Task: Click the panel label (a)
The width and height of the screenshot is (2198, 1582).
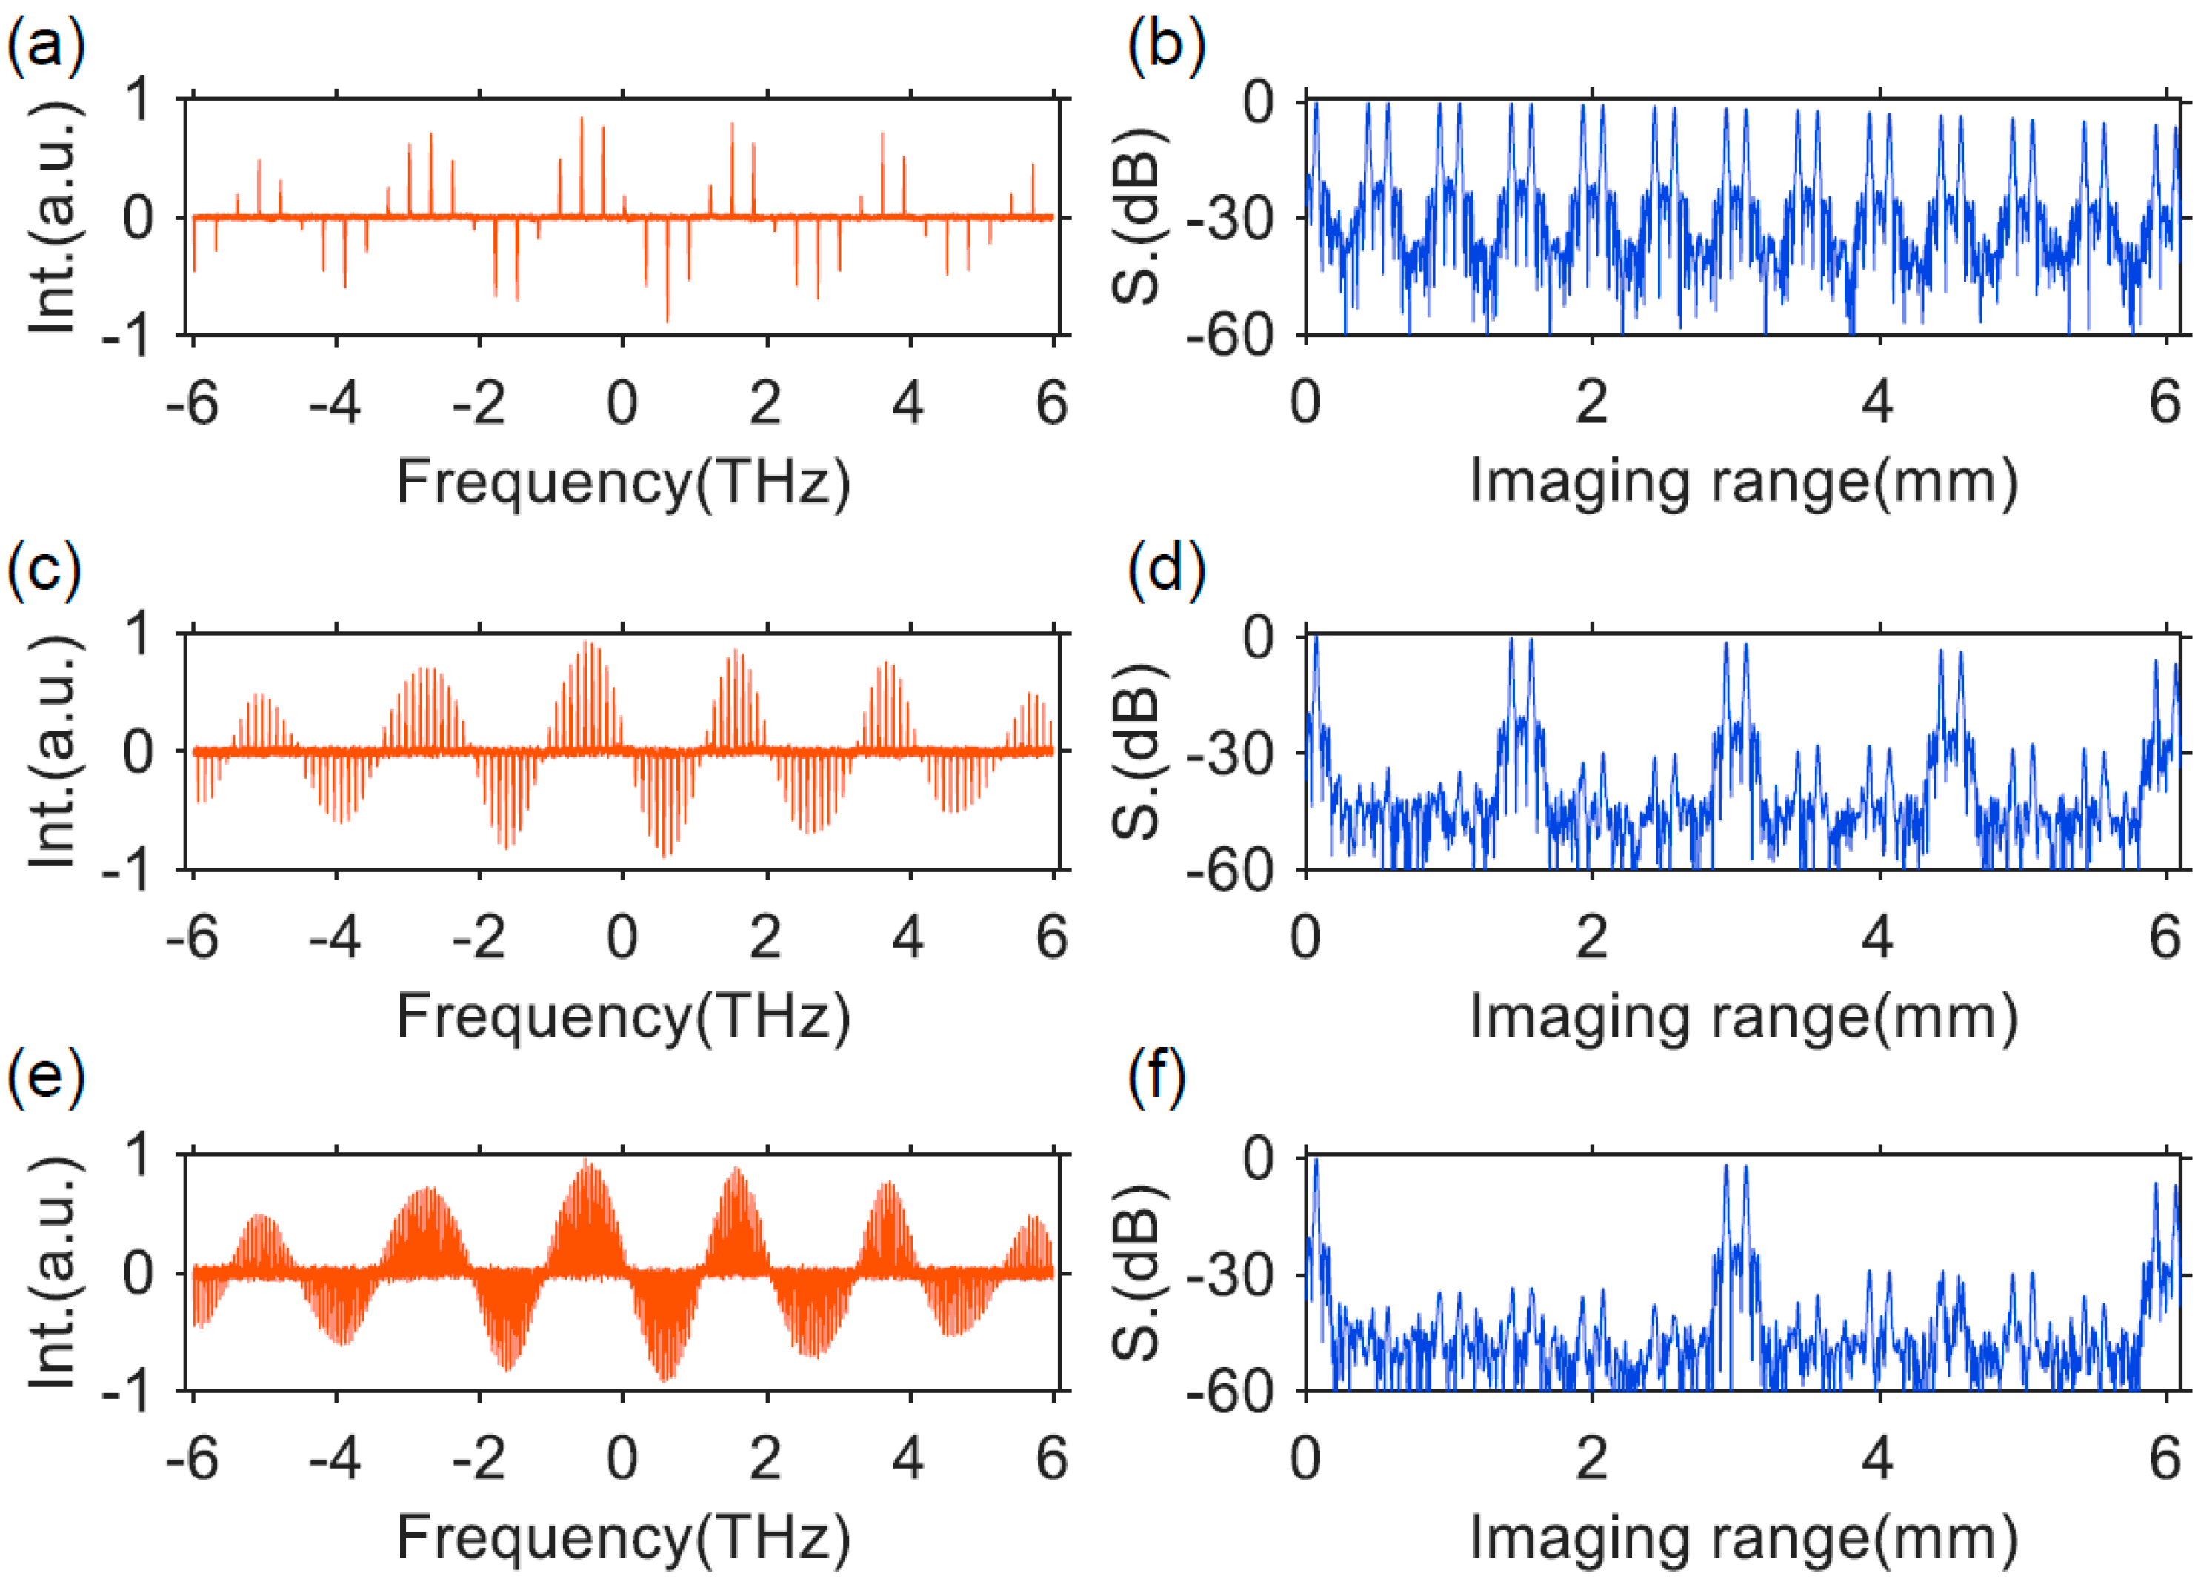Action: [x=45, y=45]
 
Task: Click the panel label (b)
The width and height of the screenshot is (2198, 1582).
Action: [x=1166, y=45]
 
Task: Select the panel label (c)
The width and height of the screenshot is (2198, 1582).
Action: [x=44, y=569]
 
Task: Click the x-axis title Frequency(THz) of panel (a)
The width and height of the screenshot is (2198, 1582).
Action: [x=623, y=482]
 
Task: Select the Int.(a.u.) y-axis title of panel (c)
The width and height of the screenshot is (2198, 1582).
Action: [x=53, y=751]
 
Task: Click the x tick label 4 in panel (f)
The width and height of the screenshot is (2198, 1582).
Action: [x=1877, y=1459]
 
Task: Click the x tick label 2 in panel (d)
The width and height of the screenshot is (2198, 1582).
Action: [x=1591, y=937]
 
